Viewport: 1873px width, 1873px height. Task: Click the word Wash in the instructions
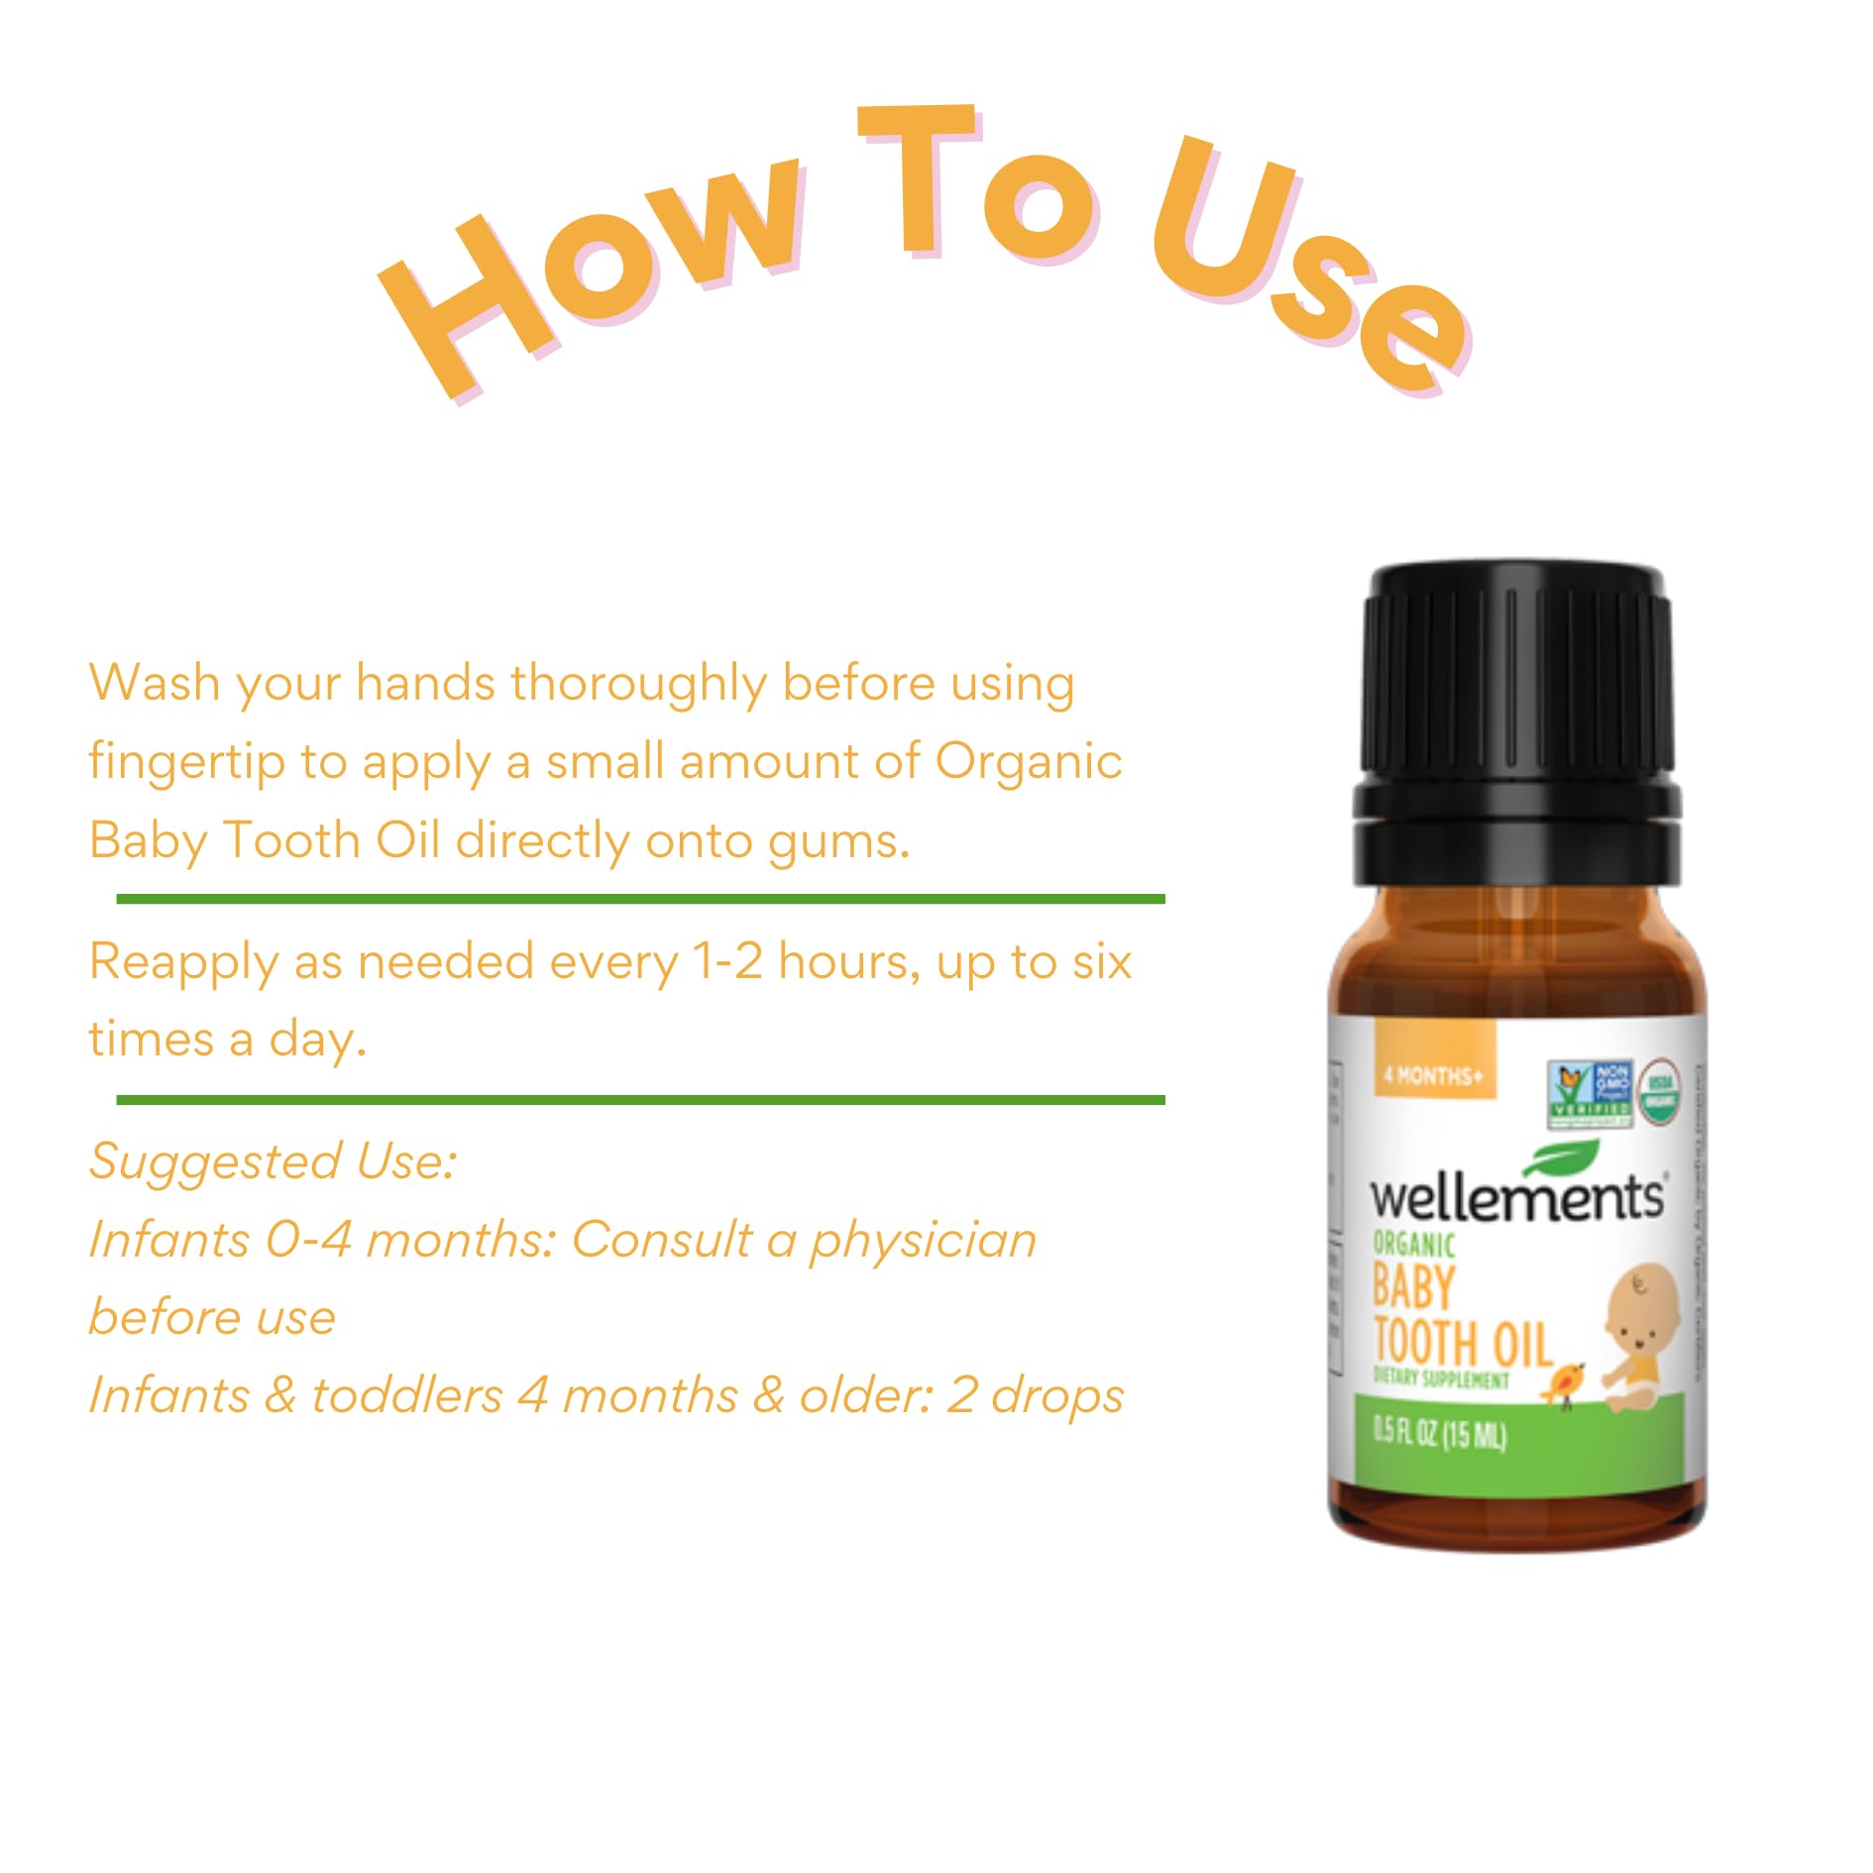154,683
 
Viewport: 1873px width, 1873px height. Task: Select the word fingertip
186,764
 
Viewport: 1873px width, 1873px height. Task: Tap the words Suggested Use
273,1161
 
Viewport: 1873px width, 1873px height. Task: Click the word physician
922,1241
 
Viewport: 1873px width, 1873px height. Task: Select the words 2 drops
1035,1395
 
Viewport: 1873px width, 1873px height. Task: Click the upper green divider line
640,899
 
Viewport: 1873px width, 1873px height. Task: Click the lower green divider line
640,1100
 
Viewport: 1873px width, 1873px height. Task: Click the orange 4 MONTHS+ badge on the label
1434,1075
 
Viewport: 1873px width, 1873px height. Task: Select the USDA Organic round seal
1661,1092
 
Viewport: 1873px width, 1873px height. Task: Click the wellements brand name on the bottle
1516,1197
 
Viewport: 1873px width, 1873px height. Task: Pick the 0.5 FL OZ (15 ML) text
1439,1434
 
